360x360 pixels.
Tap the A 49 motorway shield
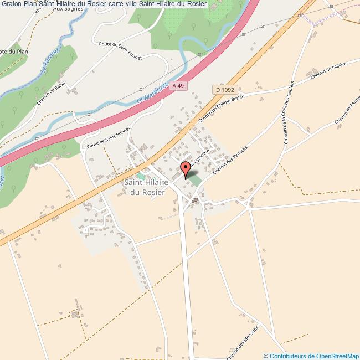(x=177, y=86)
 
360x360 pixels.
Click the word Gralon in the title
(x=13, y=3)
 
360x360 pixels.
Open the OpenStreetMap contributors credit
(x=315, y=356)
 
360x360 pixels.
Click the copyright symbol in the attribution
(x=266, y=356)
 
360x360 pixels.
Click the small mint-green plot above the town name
(x=140, y=176)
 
